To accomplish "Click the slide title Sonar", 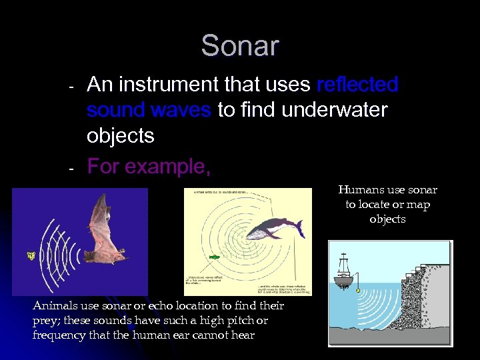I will point(240,46).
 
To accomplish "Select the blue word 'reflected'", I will point(357,85).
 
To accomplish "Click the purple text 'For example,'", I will point(149,165).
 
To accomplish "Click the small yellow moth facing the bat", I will point(31,255).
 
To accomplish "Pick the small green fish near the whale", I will point(214,256).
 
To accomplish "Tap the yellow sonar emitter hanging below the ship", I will point(359,291).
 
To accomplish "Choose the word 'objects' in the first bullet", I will point(120,135).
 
